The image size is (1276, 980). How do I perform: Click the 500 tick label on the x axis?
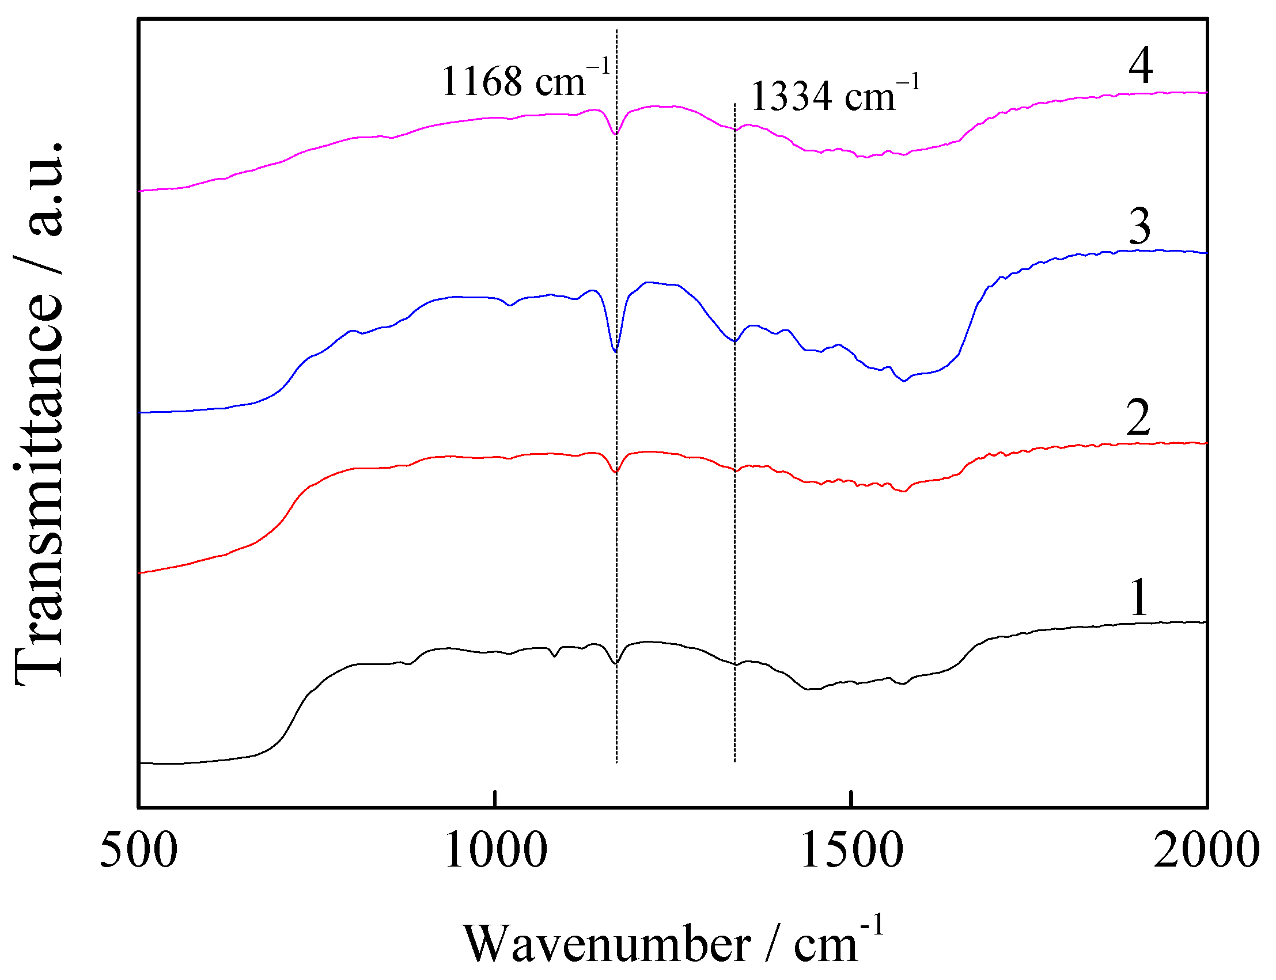(138, 851)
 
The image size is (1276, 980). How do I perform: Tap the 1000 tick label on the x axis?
(495, 851)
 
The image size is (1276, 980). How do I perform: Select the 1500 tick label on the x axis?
(852, 851)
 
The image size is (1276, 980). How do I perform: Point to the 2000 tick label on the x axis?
(1206, 851)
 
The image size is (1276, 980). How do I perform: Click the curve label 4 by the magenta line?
(1140, 66)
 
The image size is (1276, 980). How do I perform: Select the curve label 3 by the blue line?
(1139, 226)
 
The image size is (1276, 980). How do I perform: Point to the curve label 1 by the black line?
(1138, 597)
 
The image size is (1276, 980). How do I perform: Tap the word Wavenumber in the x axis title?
(607, 944)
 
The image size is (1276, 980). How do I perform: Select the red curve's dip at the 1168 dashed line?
(616, 472)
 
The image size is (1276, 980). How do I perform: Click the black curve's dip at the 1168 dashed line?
(616, 663)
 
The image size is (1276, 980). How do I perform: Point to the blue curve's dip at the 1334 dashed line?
(734, 341)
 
